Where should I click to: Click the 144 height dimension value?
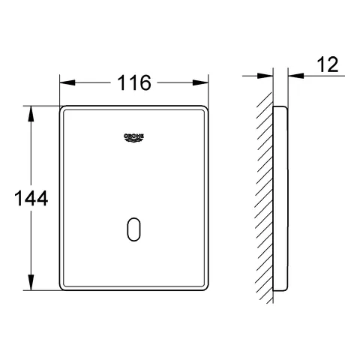(31, 199)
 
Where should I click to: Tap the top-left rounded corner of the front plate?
(63, 108)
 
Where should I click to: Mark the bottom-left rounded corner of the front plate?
(63, 289)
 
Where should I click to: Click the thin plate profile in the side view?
(280, 199)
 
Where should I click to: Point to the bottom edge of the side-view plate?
(279, 291)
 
